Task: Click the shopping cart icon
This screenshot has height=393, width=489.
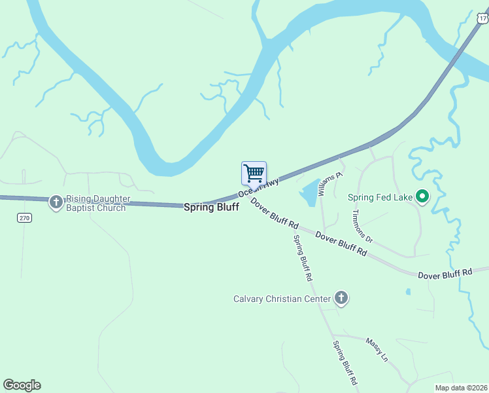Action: point(254,173)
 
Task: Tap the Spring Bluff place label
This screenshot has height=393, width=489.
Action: point(211,206)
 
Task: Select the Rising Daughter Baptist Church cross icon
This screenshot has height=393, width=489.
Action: point(56,202)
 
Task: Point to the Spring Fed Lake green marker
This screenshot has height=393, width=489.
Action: point(422,196)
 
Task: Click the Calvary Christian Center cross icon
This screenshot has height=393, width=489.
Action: point(341,299)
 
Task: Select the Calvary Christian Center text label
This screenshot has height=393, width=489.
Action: point(282,299)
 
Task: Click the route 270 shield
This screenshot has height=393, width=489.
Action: point(25,217)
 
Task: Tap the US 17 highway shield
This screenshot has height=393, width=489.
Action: point(482,19)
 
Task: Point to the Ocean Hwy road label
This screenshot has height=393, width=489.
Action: point(259,187)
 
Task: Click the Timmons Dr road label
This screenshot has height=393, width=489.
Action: point(361,226)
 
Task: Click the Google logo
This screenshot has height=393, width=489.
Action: point(22,385)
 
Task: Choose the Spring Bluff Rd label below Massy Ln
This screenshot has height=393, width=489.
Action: point(345,362)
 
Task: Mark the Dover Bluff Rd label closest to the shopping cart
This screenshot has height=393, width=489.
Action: point(275,215)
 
